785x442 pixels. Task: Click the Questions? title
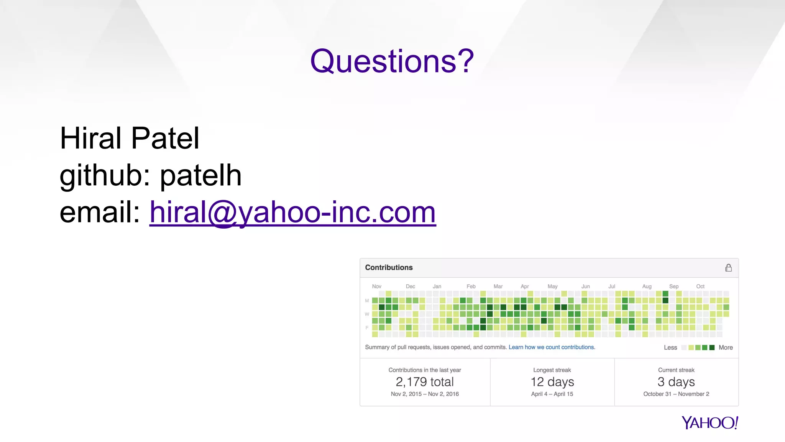pos(392,61)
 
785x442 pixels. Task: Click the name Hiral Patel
pos(130,138)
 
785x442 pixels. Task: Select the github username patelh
pos(200,175)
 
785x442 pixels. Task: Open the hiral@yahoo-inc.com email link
pos(292,212)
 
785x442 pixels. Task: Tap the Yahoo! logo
pos(709,422)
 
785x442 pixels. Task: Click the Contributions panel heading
pos(389,267)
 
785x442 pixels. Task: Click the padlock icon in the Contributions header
pos(728,268)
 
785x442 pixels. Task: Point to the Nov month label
pos(376,286)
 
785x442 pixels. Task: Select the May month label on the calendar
pos(552,286)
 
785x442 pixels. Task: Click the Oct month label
pos(700,286)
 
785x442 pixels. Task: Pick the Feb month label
pos(471,286)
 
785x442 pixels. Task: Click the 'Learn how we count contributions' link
pos(552,347)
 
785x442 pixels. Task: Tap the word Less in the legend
pos(670,348)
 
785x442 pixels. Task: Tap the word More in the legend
pos(725,348)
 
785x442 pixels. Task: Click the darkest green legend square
pos(712,348)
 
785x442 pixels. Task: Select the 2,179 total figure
pos(425,382)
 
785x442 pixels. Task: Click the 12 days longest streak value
pos(552,382)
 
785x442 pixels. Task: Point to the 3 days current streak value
pos(676,382)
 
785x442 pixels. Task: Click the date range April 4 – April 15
pos(552,394)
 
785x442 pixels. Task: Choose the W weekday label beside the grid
pos(367,314)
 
